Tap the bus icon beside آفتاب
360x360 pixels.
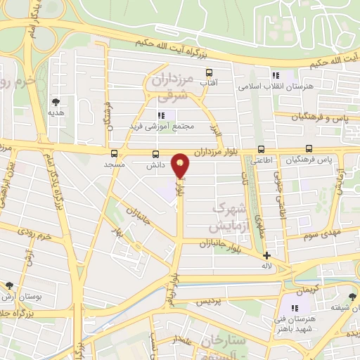[x=209, y=72]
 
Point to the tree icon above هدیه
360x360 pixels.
[x=56, y=101]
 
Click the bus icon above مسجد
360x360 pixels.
[x=114, y=154]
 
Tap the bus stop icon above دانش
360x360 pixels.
[x=155, y=154]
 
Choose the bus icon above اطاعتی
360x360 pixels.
[x=261, y=149]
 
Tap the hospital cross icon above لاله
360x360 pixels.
[x=266, y=256]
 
